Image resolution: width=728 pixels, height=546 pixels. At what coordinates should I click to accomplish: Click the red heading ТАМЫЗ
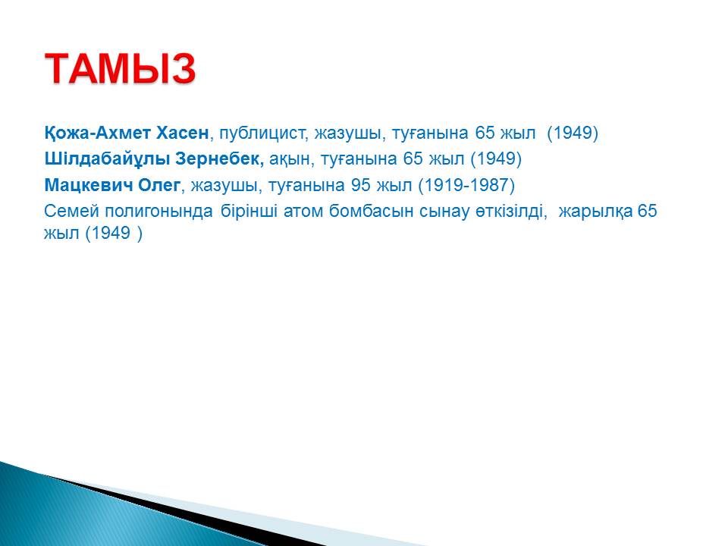click(x=121, y=68)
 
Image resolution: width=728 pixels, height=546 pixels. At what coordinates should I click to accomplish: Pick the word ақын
click(x=289, y=160)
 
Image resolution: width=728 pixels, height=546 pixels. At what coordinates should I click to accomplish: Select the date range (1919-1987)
click(x=466, y=185)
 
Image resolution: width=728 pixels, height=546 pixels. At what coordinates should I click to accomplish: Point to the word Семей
click(x=71, y=212)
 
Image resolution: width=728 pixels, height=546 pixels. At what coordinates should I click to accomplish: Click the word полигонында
click(x=158, y=212)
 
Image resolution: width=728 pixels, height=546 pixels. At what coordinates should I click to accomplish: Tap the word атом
click(x=303, y=212)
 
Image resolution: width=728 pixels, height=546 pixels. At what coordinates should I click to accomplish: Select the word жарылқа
click(x=595, y=212)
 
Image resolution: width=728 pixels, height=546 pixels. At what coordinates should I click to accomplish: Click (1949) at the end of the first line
click(x=573, y=133)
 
